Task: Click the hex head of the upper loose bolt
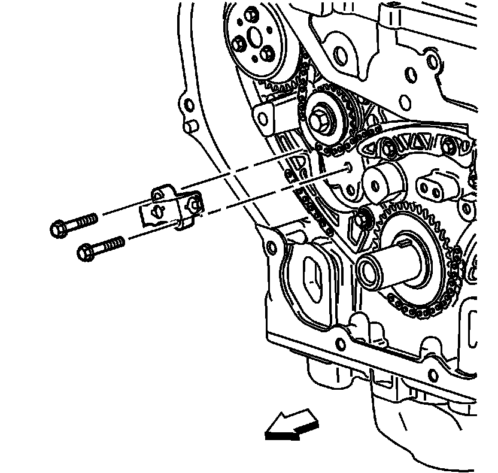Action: (x=59, y=229)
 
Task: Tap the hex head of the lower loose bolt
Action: (x=85, y=252)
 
